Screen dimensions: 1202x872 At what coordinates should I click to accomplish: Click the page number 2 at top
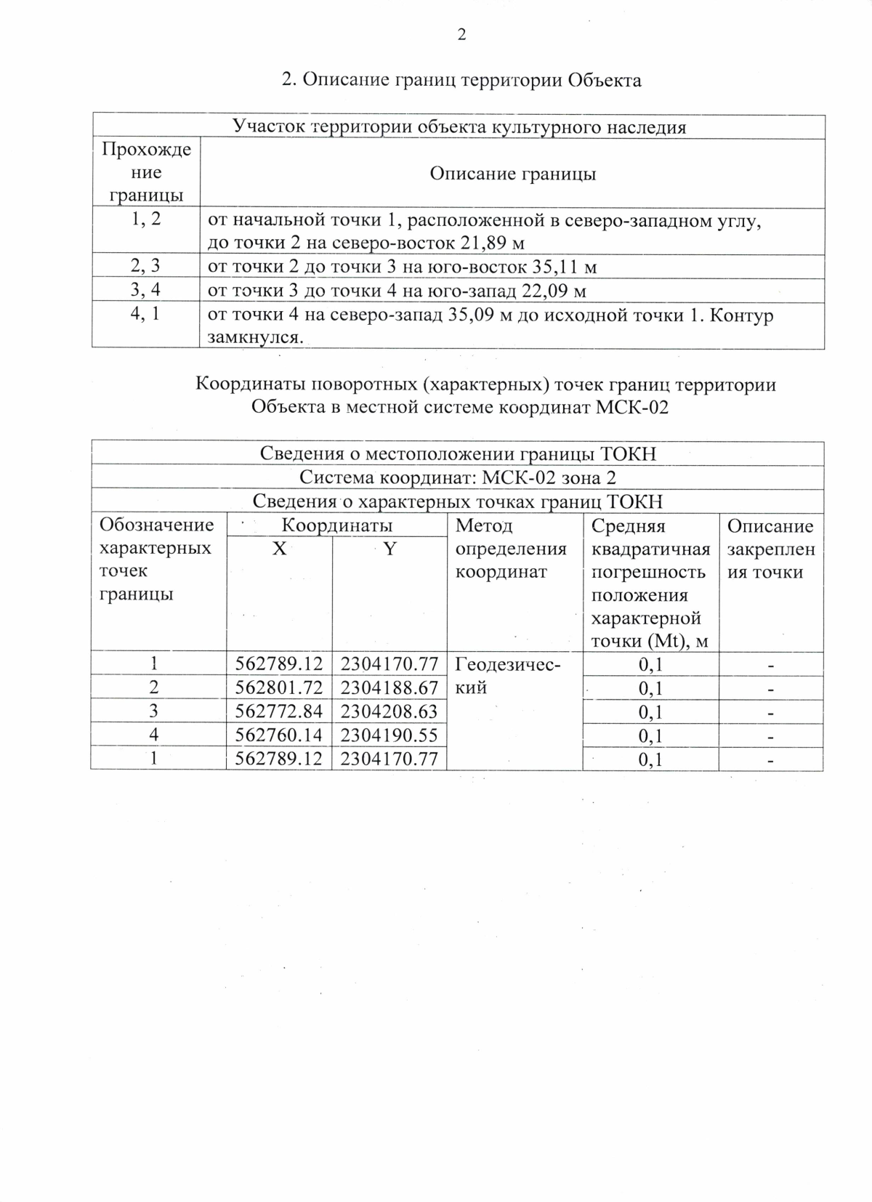coord(461,35)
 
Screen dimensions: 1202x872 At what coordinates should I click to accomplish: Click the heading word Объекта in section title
coord(605,80)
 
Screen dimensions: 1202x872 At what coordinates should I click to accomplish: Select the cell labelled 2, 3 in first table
coord(145,267)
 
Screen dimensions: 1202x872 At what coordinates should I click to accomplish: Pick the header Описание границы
coord(512,174)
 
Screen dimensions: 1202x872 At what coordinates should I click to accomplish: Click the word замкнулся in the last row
coord(254,337)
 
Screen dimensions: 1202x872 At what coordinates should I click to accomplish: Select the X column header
coord(279,549)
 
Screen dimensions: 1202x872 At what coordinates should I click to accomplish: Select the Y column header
coord(389,549)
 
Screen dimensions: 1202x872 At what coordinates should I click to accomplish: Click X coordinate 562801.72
coord(279,687)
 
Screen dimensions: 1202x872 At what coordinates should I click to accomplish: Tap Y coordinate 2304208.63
coord(389,711)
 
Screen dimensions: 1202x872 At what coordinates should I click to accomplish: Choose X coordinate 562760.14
coord(279,735)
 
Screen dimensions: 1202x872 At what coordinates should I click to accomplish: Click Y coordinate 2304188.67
coord(389,687)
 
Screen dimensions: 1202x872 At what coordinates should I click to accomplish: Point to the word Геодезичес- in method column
coord(508,664)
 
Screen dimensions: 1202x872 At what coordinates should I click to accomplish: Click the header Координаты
coord(337,525)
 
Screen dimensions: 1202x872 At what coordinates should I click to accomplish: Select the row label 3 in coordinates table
coord(154,711)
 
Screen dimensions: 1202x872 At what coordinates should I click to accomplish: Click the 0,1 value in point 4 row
coord(650,736)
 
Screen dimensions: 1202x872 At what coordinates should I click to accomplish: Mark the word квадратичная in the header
coord(650,549)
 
